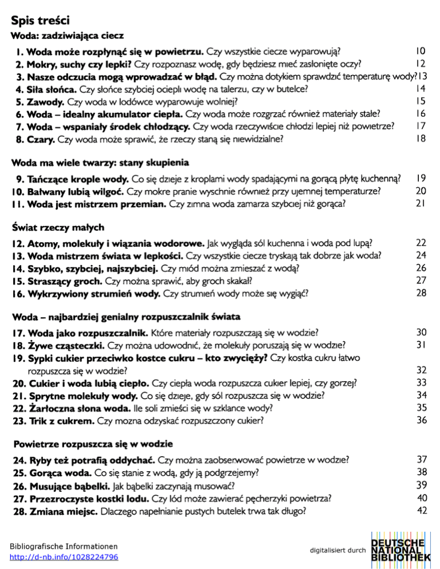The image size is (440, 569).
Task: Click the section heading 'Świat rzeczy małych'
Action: [58, 229]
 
